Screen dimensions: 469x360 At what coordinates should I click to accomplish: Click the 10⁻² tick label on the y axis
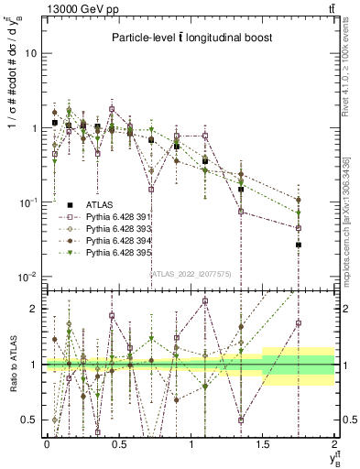point(28,276)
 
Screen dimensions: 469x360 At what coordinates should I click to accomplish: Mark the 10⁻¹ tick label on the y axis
point(28,202)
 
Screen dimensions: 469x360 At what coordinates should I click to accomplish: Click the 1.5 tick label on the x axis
point(264,443)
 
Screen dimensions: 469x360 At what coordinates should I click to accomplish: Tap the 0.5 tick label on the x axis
point(119,443)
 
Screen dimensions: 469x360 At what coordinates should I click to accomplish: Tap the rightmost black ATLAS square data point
point(299,245)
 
